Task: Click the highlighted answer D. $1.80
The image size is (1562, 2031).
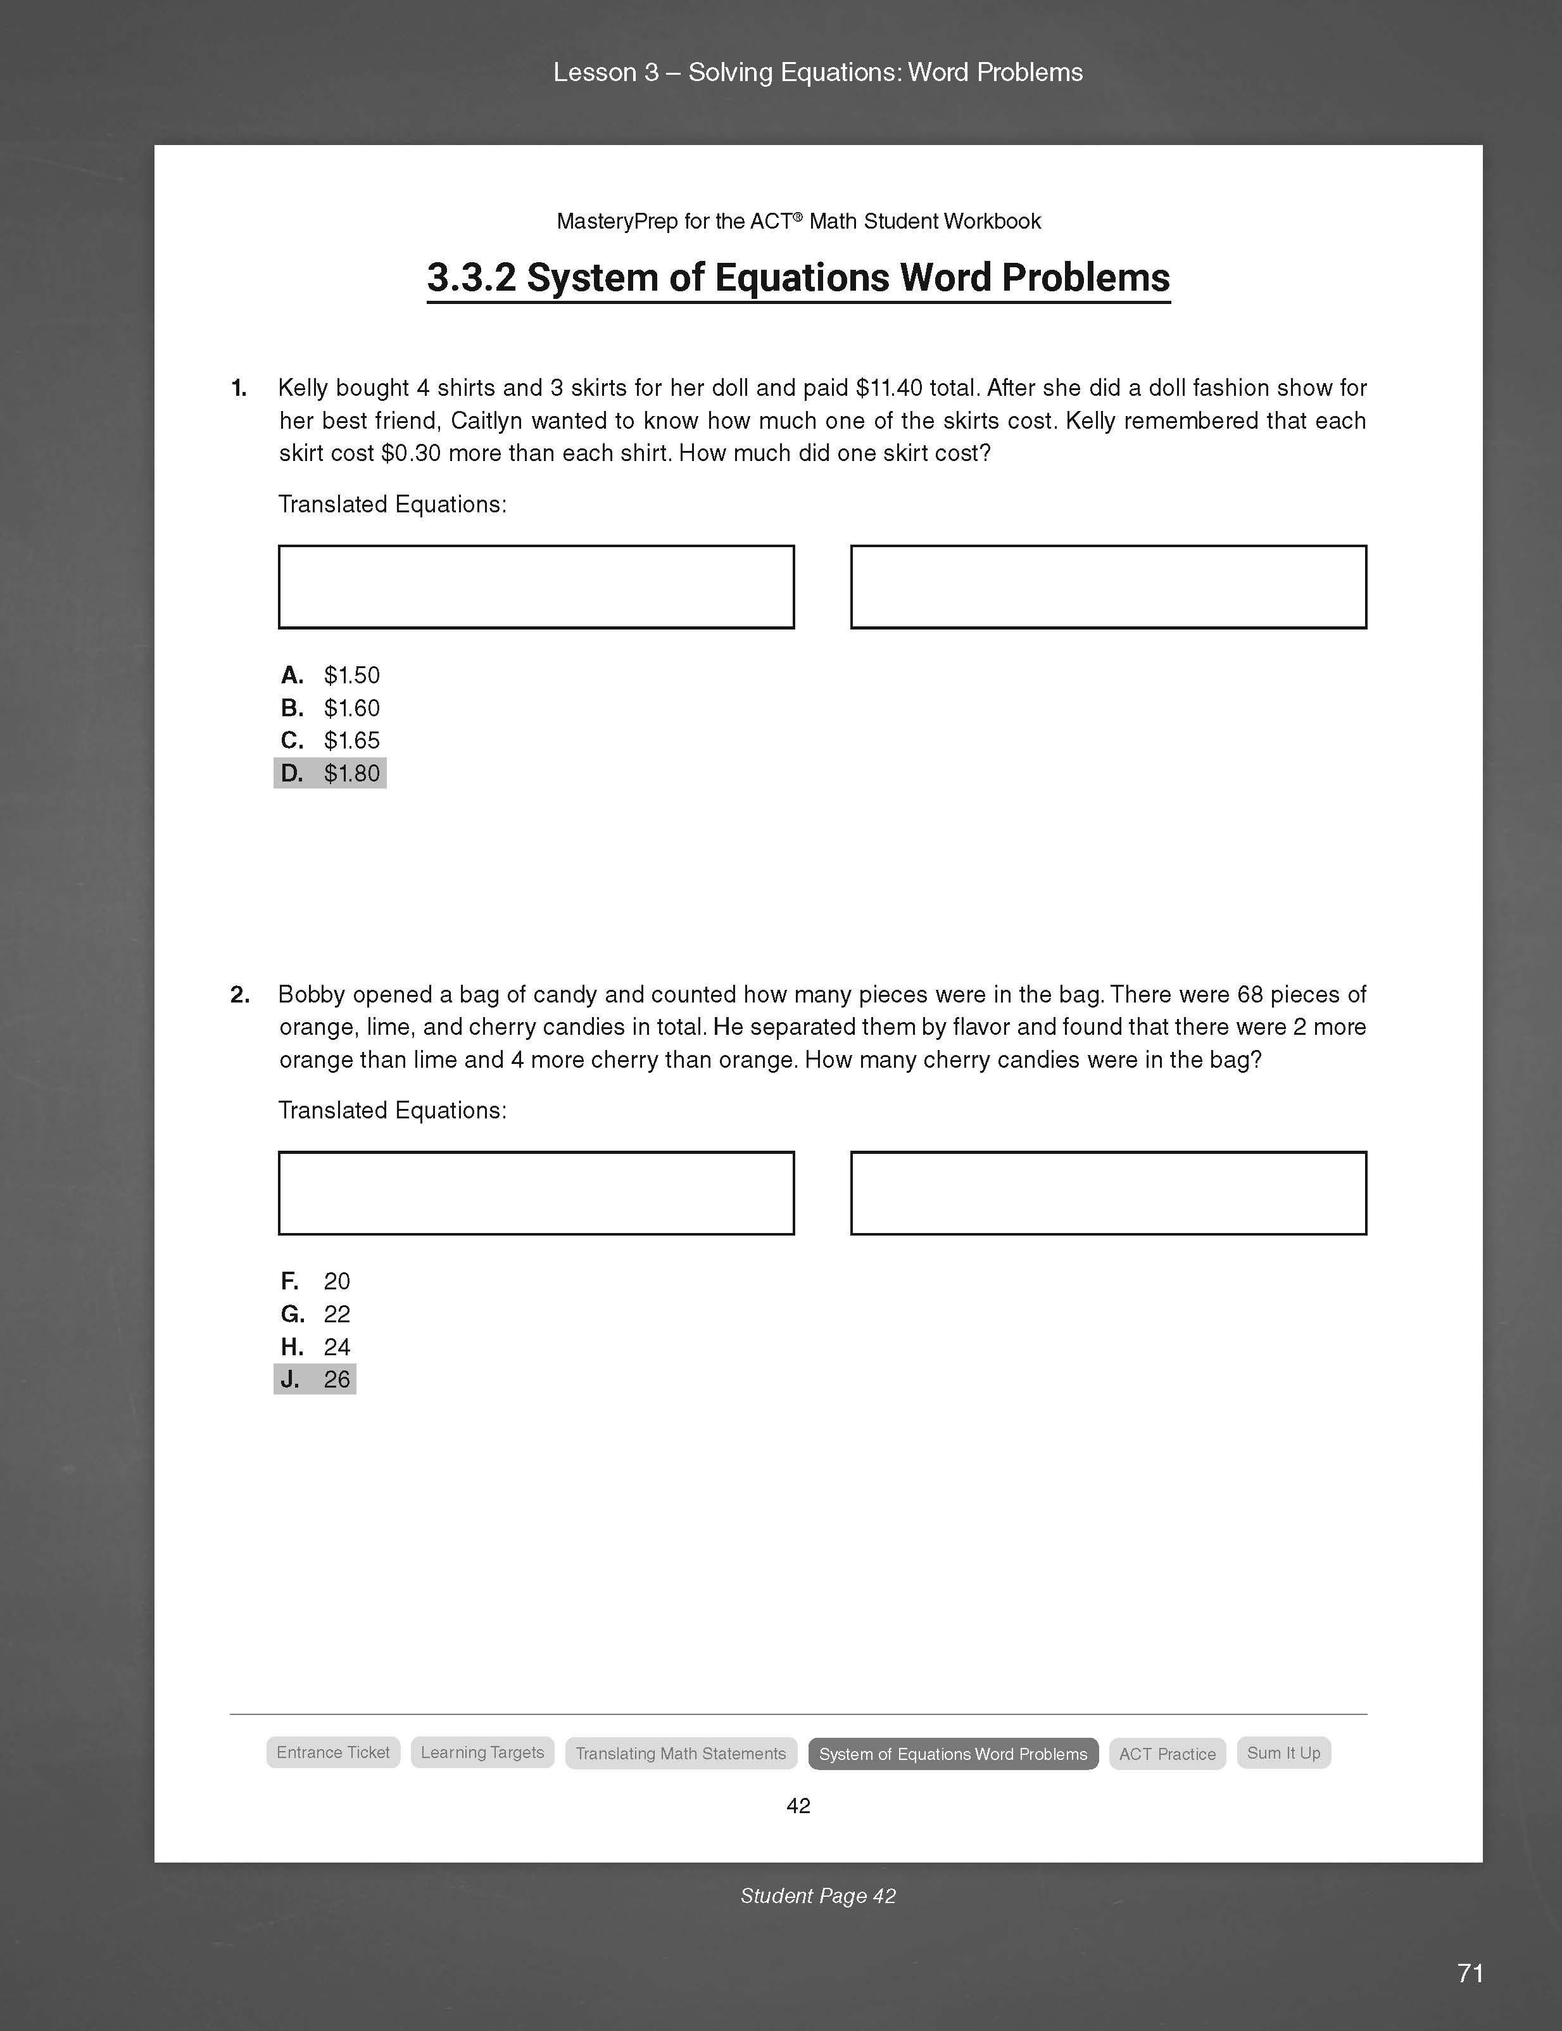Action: [330, 773]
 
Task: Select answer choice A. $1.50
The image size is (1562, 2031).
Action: [330, 675]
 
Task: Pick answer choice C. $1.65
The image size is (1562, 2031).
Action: [330, 740]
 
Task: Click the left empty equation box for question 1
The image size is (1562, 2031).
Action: [536, 587]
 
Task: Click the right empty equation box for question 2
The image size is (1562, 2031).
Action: [1108, 1193]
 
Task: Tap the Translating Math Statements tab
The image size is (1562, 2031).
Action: [681, 1754]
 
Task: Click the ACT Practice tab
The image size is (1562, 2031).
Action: [1167, 1754]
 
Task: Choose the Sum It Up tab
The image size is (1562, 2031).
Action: [1283, 1753]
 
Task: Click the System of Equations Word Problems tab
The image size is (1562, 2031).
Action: [953, 1754]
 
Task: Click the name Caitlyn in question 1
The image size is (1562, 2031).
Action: [486, 421]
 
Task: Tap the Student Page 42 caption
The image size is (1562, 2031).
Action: [818, 1896]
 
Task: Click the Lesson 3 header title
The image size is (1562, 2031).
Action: [818, 73]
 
